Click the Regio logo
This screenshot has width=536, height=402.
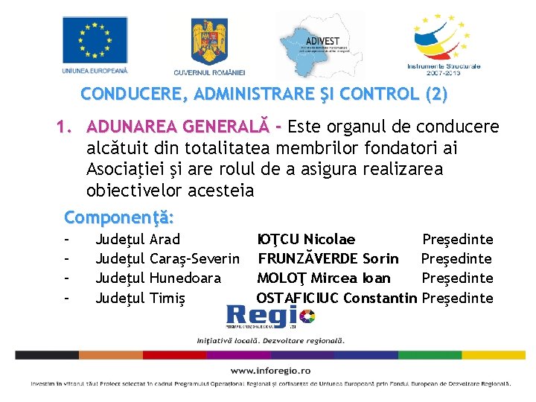(271, 318)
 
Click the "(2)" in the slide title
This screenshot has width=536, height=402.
(435, 95)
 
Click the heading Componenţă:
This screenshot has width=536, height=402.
(120, 218)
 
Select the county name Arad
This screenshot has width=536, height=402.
(165, 240)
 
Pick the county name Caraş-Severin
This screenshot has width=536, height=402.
(194, 259)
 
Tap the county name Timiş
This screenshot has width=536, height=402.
(167, 299)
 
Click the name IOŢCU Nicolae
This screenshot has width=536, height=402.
(306, 240)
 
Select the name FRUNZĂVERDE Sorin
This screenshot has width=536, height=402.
(328, 259)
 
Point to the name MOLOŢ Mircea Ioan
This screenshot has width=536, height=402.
(323, 278)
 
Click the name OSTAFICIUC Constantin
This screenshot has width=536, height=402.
(336, 299)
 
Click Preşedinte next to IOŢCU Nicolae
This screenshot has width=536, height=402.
(458, 240)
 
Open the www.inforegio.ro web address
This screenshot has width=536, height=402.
(270, 370)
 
